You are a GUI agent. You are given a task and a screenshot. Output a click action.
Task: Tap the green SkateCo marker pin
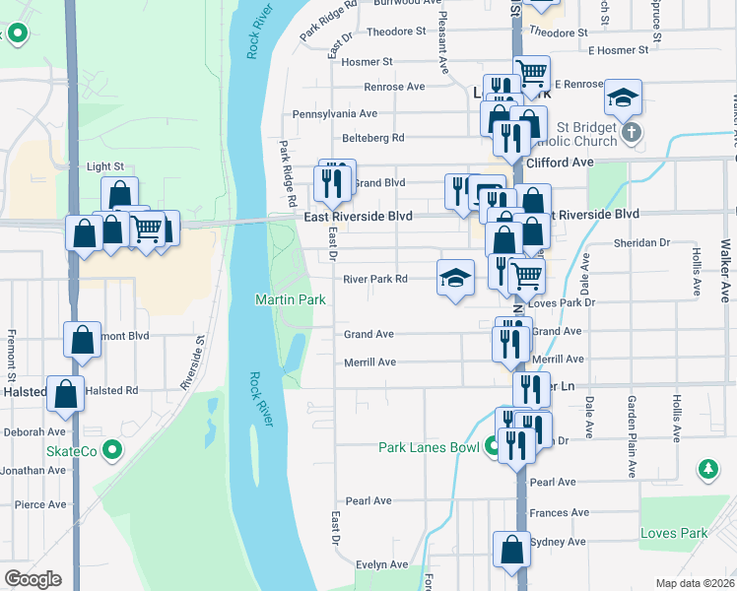(x=111, y=451)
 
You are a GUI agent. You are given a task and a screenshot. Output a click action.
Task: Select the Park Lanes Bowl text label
(x=429, y=447)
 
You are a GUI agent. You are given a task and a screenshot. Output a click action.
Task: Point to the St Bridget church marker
(x=632, y=131)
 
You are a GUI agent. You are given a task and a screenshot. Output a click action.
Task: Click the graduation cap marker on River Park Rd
(x=455, y=279)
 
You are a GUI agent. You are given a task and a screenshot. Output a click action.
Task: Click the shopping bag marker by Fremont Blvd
(x=83, y=339)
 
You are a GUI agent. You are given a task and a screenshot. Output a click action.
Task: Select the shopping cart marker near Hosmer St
(x=532, y=73)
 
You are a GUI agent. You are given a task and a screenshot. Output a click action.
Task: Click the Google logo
(x=33, y=579)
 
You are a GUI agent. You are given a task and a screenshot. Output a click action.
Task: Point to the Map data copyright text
(x=694, y=583)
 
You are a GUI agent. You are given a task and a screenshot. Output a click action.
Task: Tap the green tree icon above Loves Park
(x=706, y=470)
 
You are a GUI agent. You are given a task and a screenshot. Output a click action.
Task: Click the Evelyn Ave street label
(x=382, y=564)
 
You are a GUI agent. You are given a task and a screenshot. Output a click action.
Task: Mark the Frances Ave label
(x=559, y=513)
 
